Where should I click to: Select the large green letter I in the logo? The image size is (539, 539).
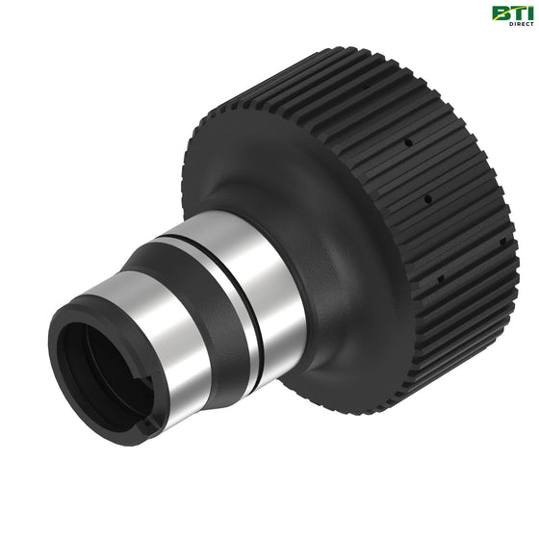(x=529, y=13)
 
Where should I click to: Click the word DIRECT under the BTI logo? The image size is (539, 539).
(x=522, y=24)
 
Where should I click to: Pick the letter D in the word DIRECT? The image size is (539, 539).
(x=511, y=24)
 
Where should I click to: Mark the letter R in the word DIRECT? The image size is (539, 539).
(x=519, y=24)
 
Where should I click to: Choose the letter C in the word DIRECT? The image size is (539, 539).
(x=527, y=24)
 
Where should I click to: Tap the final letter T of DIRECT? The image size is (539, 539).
(x=531, y=24)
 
